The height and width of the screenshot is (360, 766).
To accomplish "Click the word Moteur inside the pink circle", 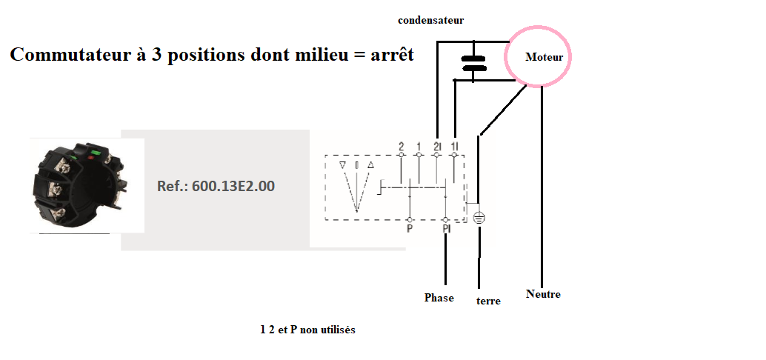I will tap(544, 57).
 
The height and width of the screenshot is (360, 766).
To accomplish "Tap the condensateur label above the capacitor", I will tap(430, 20).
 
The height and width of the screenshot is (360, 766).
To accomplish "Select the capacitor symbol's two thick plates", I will tap(473, 64).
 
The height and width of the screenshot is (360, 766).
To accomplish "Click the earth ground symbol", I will tap(479, 219).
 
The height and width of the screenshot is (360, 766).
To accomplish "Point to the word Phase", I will tap(439, 298).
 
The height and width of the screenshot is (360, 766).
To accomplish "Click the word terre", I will tap(488, 301).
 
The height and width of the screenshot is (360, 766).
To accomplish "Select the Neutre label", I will tap(543, 294).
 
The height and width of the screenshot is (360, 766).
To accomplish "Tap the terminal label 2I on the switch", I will tap(437, 145).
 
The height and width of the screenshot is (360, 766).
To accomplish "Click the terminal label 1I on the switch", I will tap(453, 145).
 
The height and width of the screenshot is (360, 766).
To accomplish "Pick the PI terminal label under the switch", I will tap(446, 230).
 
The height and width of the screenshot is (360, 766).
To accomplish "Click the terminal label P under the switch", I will tap(409, 230).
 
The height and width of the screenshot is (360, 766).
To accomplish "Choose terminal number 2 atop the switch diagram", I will tap(401, 145).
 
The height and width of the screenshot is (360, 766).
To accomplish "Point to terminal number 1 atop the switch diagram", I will tap(419, 145).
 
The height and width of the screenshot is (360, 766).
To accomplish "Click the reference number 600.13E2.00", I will tap(216, 186).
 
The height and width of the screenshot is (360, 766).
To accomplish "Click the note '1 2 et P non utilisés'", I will tap(307, 330).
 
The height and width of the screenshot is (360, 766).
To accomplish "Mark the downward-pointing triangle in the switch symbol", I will tap(342, 164).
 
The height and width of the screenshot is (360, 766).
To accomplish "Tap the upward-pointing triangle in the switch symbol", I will tap(370, 164).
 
